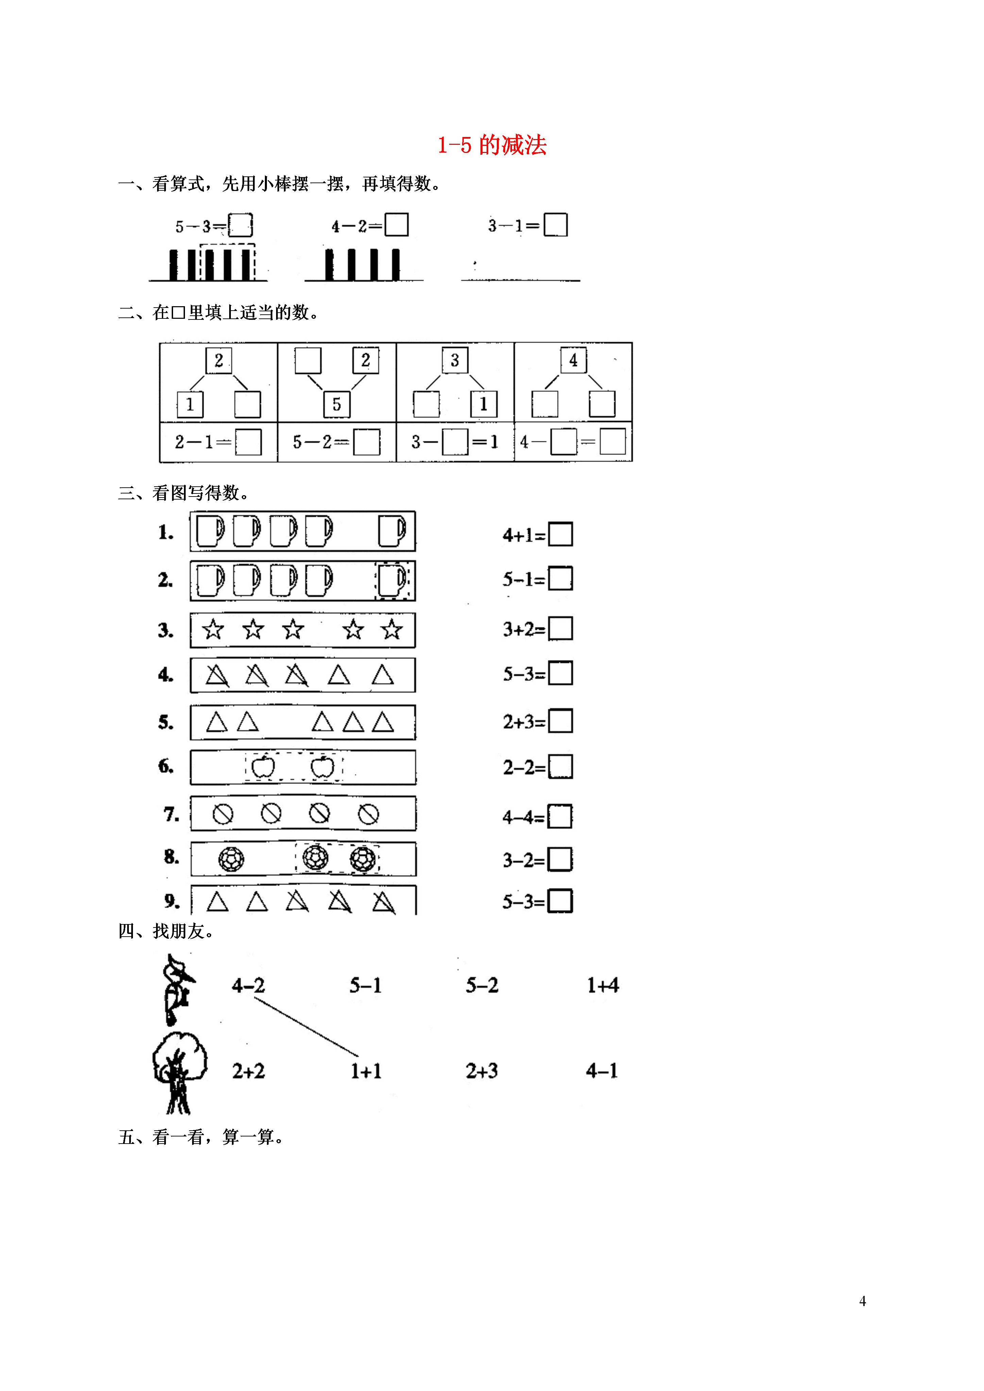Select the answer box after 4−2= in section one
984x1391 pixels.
(x=396, y=224)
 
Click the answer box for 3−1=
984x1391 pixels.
(x=555, y=224)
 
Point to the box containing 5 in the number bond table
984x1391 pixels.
(x=337, y=404)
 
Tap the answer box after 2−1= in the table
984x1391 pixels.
(x=248, y=442)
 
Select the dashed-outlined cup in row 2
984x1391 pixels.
(x=392, y=580)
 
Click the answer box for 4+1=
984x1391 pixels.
(x=560, y=534)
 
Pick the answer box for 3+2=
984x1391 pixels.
(x=560, y=628)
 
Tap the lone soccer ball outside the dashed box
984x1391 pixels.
(x=231, y=859)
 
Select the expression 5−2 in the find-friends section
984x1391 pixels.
(x=482, y=985)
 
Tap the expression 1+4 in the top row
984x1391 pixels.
(x=603, y=985)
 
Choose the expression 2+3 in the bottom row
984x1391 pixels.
(x=482, y=1071)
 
